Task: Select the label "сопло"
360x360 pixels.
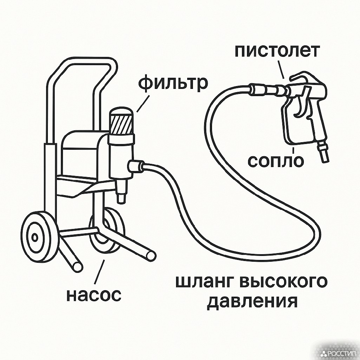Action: [x=276, y=161]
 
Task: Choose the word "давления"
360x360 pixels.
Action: [x=253, y=302]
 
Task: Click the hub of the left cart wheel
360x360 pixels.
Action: [x=35, y=237]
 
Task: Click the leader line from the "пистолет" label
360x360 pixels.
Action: [x=281, y=69]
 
